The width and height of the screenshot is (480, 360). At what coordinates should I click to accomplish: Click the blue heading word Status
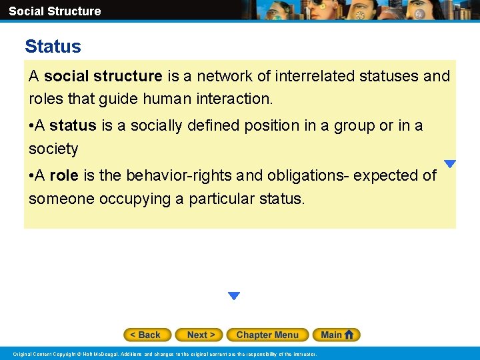tap(53, 47)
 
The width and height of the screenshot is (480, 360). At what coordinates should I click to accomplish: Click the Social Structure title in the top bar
tap(55, 11)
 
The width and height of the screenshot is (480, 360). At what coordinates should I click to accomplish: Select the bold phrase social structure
tap(103, 76)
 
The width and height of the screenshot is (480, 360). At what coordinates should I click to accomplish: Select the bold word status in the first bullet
tap(72, 125)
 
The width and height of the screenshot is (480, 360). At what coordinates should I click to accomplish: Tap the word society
tap(53, 149)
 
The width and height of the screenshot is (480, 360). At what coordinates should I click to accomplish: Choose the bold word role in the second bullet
tap(64, 175)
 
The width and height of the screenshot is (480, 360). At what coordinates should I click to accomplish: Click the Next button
tap(200, 335)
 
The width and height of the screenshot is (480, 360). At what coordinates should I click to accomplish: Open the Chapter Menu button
tap(267, 335)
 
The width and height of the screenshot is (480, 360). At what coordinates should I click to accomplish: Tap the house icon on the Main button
tap(349, 335)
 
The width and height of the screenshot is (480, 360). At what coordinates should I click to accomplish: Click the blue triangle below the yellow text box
tap(233, 296)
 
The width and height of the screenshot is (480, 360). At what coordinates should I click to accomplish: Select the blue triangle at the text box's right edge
tap(450, 164)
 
